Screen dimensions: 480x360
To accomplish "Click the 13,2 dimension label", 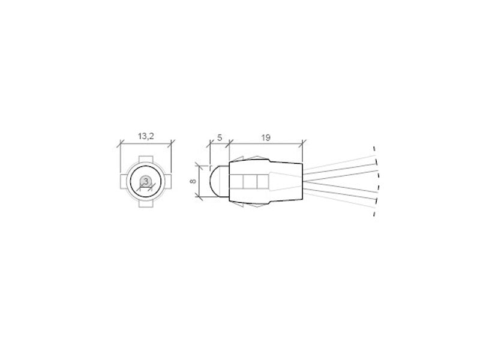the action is click(146, 136).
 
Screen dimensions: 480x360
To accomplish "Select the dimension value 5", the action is click(220, 138).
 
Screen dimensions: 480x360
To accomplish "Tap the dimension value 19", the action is click(266, 138).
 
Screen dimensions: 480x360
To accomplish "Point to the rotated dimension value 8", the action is click(193, 181).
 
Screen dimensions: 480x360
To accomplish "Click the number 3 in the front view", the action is click(146, 181).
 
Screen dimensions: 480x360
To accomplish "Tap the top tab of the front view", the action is click(146, 160).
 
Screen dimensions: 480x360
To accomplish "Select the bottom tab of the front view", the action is click(146, 203).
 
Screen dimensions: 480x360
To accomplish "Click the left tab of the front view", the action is click(124, 182).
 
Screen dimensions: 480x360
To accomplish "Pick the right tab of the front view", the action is click(168, 182).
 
